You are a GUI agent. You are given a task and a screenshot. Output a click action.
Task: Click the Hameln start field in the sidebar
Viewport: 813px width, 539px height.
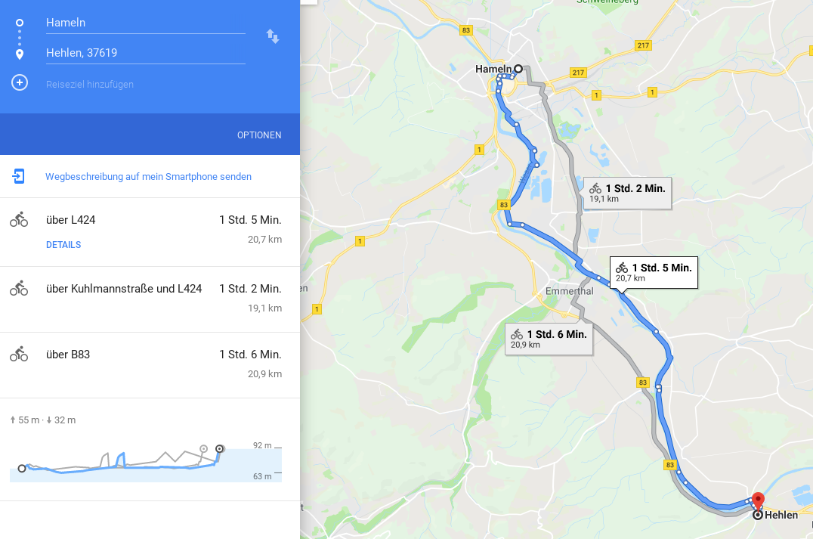[144, 23]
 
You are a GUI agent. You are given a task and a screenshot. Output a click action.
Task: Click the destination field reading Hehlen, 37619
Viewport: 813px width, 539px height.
[144, 53]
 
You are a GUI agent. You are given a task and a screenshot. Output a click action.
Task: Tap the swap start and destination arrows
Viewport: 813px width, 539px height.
[273, 36]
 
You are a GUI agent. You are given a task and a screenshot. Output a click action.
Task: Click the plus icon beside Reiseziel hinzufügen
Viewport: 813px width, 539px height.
[20, 82]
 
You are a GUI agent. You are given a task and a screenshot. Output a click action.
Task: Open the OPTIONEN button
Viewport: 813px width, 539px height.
[259, 135]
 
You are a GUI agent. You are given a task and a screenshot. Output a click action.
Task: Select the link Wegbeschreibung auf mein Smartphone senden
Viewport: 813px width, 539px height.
[148, 177]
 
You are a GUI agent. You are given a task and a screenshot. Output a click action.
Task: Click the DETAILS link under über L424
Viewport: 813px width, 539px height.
[63, 245]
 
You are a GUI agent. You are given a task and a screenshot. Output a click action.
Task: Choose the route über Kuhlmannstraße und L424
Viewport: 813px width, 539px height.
[124, 289]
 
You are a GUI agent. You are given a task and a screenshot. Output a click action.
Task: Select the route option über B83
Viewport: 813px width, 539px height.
[68, 355]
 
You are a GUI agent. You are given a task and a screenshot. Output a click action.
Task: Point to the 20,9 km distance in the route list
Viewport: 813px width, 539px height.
[264, 374]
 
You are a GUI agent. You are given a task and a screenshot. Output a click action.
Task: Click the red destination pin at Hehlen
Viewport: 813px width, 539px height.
[759, 500]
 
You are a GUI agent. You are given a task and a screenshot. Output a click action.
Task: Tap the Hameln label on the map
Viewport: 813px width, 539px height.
[493, 70]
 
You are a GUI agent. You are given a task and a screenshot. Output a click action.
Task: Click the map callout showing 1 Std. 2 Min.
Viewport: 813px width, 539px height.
[627, 193]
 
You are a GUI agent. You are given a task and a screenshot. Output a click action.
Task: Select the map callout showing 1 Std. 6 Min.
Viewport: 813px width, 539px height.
[549, 339]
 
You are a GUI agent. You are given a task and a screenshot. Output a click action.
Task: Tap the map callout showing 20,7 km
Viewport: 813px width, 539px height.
[654, 272]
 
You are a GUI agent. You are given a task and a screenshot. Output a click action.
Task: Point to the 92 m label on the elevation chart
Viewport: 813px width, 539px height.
[262, 446]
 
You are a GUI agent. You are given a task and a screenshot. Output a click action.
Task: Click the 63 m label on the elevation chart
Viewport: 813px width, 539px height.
[262, 476]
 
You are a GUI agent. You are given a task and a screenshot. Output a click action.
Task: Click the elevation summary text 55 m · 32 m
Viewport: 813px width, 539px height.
[43, 420]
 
